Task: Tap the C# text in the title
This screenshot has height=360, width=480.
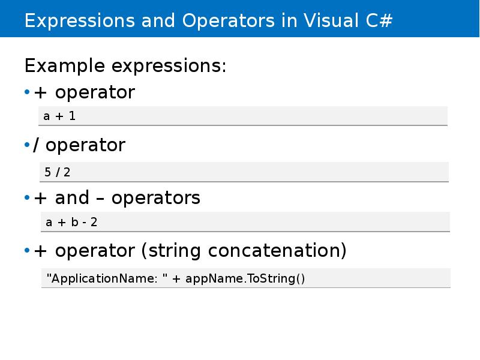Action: point(379,20)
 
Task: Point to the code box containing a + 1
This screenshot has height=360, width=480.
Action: point(243,116)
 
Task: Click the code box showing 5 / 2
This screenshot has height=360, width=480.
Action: point(243,172)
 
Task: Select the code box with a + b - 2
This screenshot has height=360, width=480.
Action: point(243,222)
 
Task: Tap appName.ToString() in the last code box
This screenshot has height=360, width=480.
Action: point(245,278)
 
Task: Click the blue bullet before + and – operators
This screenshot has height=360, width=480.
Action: point(27,198)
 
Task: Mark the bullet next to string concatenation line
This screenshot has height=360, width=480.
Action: point(27,251)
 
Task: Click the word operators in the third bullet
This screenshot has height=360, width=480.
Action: point(156,198)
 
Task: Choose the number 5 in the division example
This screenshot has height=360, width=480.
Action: point(47,172)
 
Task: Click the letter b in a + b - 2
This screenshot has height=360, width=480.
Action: point(74,222)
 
